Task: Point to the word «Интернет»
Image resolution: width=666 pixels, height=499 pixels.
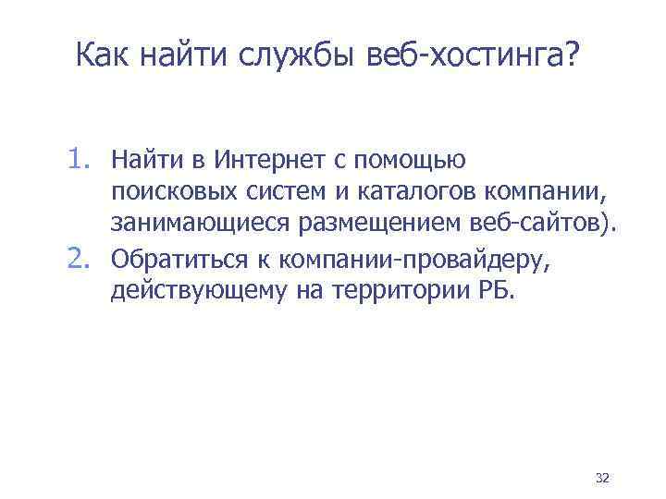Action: pos(263,162)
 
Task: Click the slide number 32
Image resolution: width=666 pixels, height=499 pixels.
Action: pos(602,478)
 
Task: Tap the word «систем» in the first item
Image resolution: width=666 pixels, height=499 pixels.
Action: pos(273,195)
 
